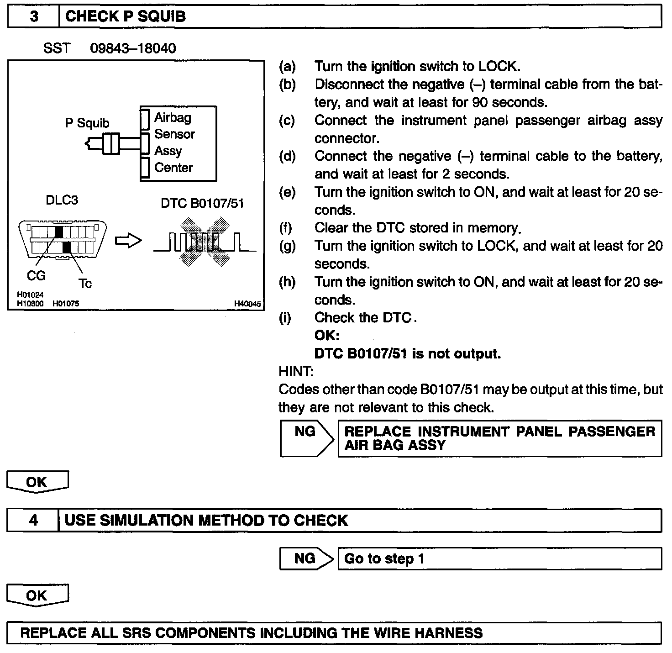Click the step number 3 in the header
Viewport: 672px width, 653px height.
[x=34, y=17]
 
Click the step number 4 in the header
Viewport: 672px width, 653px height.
[x=33, y=521]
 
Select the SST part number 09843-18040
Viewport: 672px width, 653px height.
[x=133, y=48]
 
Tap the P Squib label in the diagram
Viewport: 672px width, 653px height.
[x=87, y=123]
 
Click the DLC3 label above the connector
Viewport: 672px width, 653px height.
[x=62, y=200]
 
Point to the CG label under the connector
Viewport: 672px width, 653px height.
[x=36, y=276]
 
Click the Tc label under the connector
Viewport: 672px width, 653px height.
[x=85, y=284]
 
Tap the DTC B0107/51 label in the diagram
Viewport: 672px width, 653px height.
[x=202, y=203]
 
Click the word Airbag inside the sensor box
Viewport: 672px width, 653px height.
[x=173, y=118]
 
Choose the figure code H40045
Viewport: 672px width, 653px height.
[x=247, y=304]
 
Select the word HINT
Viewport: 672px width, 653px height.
[x=296, y=372]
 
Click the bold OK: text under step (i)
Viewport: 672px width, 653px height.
[x=327, y=336]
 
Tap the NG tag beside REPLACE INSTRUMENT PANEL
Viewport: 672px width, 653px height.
[x=305, y=432]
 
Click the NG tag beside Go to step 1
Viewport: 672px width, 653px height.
[x=305, y=558]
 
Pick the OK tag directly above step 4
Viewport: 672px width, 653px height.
[x=37, y=482]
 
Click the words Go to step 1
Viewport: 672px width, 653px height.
[x=384, y=559]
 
